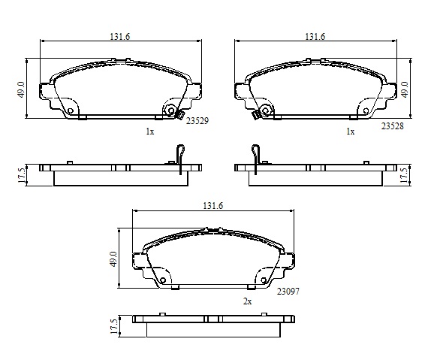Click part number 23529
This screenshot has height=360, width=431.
197,121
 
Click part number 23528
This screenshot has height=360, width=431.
393,126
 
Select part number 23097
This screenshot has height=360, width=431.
288,291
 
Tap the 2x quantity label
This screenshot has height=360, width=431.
247,301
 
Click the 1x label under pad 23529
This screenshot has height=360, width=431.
150,132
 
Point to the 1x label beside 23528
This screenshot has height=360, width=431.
351,132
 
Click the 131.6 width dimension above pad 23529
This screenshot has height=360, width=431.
120,36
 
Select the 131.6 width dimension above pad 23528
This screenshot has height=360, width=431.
315,36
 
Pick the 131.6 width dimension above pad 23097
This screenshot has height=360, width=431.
213,206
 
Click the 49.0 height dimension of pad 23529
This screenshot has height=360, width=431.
22,89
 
